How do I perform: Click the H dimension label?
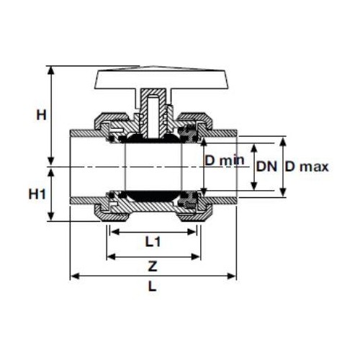click(41, 115)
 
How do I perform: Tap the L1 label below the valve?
click(153, 242)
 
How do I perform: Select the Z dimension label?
click(153, 266)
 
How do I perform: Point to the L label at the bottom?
click(153, 286)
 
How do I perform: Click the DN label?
click(266, 166)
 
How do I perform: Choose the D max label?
click(307, 166)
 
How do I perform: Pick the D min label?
click(225, 160)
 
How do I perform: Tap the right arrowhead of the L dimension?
click(231, 276)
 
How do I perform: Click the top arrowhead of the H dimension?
click(50, 71)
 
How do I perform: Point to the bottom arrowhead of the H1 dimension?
click(50, 216)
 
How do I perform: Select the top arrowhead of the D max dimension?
click(283, 142)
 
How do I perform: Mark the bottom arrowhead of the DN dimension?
click(254, 186)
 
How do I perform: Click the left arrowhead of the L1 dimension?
click(114, 232)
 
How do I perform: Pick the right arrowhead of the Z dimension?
click(195, 257)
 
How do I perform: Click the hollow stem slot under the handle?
click(153, 117)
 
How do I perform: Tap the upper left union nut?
click(111, 120)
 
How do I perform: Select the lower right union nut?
click(195, 214)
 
